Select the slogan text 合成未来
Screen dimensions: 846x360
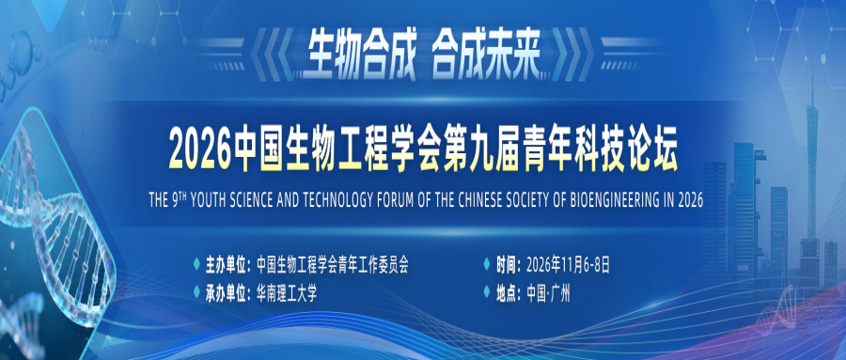pos(487,55)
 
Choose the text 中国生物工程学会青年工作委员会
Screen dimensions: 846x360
pos(333,266)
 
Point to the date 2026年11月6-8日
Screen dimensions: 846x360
pos(569,266)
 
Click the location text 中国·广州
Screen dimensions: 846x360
pos(548,294)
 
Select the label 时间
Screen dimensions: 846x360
pos(507,266)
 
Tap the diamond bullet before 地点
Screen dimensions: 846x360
pos(488,294)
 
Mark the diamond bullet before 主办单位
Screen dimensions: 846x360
pos(196,266)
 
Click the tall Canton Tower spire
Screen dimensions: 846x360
pos(811,157)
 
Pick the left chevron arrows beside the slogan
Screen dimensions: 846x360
pos(273,54)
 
